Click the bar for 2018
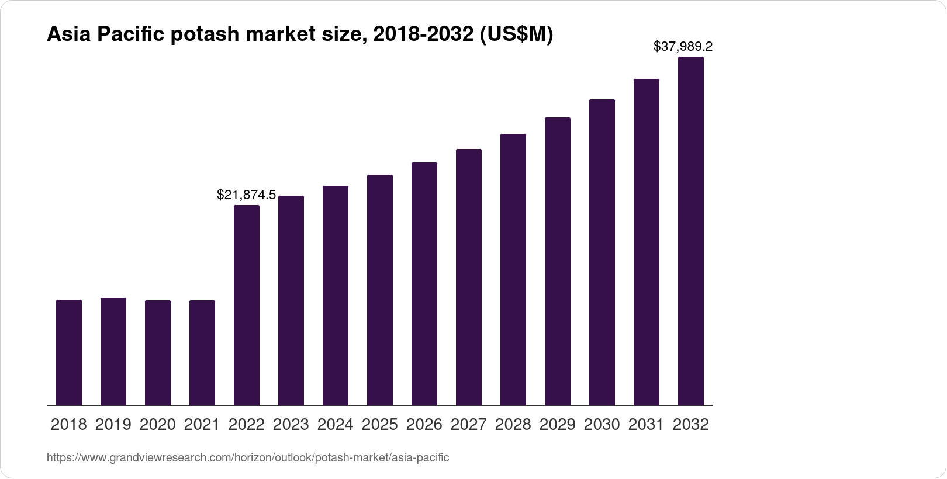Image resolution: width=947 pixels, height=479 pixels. [x=69, y=352]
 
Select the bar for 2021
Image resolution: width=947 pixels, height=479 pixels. [x=202, y=352]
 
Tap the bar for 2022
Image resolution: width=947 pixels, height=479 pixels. [x=247, y=305]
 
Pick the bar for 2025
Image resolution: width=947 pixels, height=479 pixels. [x=380, y=290]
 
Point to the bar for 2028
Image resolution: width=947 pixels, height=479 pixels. [x=513, y=269]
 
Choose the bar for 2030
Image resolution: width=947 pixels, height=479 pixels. [x=602, y=252]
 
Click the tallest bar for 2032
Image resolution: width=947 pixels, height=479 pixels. [x=691, y=231]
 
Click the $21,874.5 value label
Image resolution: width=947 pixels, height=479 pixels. [x=246, y=195]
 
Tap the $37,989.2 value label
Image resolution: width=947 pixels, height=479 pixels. [x=683, y=46]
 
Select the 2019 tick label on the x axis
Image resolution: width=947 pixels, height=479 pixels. [x=113, y=425]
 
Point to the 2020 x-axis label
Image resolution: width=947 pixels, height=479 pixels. [x=158, y=425]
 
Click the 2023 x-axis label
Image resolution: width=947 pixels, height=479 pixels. [x=291, y=425]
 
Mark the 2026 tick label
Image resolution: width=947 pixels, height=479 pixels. [x=424, y=425]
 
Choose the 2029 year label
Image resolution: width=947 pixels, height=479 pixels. [x=558, y=425]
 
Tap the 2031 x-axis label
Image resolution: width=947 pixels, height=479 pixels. [x=647, y=425]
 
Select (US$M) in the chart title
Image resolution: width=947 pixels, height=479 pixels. [x=516, y=35]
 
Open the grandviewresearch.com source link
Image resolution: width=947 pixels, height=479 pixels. [x=248, y=457]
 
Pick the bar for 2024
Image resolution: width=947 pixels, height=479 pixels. [x=336, y=296]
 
